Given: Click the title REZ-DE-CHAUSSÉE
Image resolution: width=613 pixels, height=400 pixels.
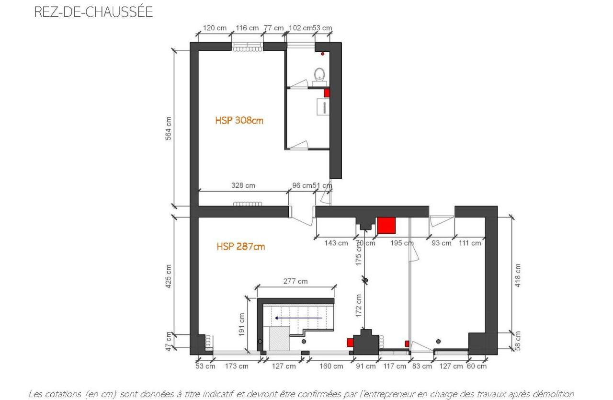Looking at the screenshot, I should (93, 12).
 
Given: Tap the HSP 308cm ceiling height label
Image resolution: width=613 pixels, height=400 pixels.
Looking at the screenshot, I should (239, 121).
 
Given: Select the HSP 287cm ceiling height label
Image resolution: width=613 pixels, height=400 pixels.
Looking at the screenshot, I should (240, 247).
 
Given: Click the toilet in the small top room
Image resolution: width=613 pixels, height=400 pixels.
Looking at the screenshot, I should (319, 75).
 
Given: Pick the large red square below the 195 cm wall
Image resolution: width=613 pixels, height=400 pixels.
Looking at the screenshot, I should (386, 225).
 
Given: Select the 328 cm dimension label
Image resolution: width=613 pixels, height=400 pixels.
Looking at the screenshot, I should (243, 185).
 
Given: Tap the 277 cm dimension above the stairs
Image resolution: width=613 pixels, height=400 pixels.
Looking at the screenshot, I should (295, 281).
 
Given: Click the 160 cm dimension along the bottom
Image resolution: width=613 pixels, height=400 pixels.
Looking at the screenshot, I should (331, 366).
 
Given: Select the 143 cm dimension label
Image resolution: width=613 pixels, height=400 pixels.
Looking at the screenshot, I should (336, 243).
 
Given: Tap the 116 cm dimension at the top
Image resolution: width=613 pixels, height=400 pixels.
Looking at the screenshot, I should (247, 28).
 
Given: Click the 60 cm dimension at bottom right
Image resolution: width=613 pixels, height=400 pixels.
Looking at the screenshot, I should (477, 366).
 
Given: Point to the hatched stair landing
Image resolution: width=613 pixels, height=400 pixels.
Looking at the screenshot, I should (279, 338).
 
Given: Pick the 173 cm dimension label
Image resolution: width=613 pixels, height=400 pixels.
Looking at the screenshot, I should (237, 366).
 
